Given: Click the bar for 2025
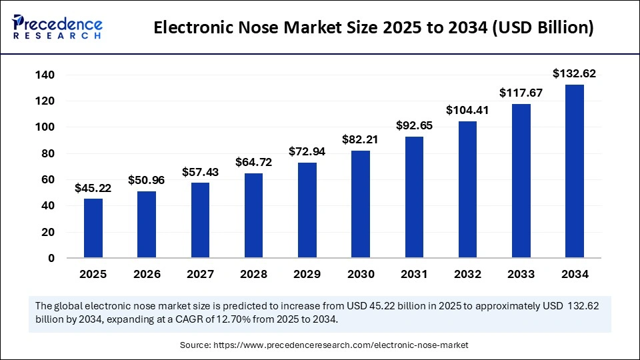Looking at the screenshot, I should point(93,228).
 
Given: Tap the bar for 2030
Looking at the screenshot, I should point(361,204).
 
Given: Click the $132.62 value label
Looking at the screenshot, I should point(575,73).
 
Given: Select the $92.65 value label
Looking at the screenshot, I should point(414,125).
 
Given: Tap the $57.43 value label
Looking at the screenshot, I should point(200,171).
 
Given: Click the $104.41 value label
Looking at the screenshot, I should point(467,110).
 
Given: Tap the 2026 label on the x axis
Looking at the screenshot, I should point(147,274).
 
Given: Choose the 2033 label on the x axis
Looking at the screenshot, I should point(521,274).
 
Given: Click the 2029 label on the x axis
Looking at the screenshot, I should point(307,274).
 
